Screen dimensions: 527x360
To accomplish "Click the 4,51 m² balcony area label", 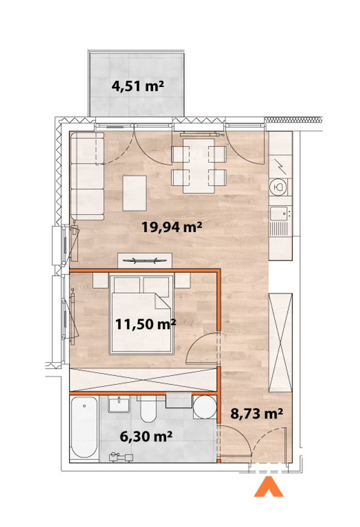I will [x=138, y=86].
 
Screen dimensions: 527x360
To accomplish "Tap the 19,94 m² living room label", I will [x=171, y=227].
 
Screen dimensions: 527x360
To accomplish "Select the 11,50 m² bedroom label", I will [x=145, y=324].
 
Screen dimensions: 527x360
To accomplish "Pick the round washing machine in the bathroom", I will [x=205, y=408].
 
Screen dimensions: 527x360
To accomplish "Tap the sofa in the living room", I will [x=86, y=176].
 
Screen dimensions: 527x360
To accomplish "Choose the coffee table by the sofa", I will [x=135, y=192].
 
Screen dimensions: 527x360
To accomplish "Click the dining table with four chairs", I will [x=199, y=165].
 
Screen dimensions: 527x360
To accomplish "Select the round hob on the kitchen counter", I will [x=279, y=187].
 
